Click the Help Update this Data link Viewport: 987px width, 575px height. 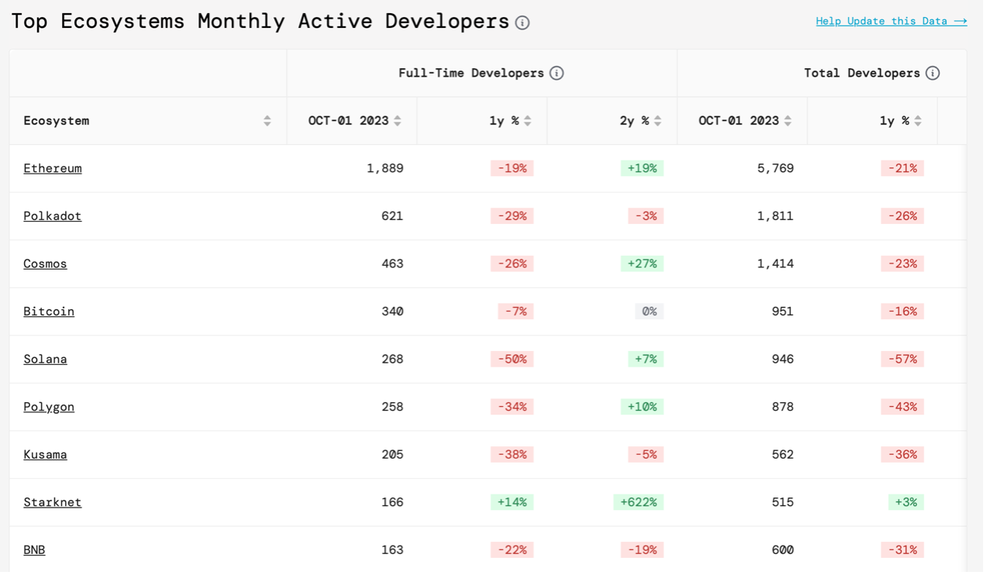pos(891,21)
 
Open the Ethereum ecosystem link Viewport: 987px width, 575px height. pos(53,168)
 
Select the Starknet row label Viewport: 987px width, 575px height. pos(53,502)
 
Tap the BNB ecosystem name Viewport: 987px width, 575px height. pos(34,550)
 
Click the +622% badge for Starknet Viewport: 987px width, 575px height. pos(638,502)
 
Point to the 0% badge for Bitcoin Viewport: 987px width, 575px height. pos(649,312)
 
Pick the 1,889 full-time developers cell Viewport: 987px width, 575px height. pos(385,168)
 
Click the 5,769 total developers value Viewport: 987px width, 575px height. pos(775,168)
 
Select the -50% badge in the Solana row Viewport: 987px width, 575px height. pos(512,359)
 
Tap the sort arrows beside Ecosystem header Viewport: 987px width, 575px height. pos(267,121)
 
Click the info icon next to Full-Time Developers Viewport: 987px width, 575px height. pos(556,73)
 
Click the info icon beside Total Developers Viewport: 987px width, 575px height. pos(932,73)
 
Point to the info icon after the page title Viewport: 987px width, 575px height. pos(523,22)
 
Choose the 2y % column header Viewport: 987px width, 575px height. pos(634,121)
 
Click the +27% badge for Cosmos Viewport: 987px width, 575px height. pos(642,264)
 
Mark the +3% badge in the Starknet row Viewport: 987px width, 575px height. pos(906,502)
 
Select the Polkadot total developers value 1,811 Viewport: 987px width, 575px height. pos(775,216)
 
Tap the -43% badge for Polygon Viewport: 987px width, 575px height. pos(903,407)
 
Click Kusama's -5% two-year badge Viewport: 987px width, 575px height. pos(645,455)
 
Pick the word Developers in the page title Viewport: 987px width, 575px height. pos(447,22)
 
